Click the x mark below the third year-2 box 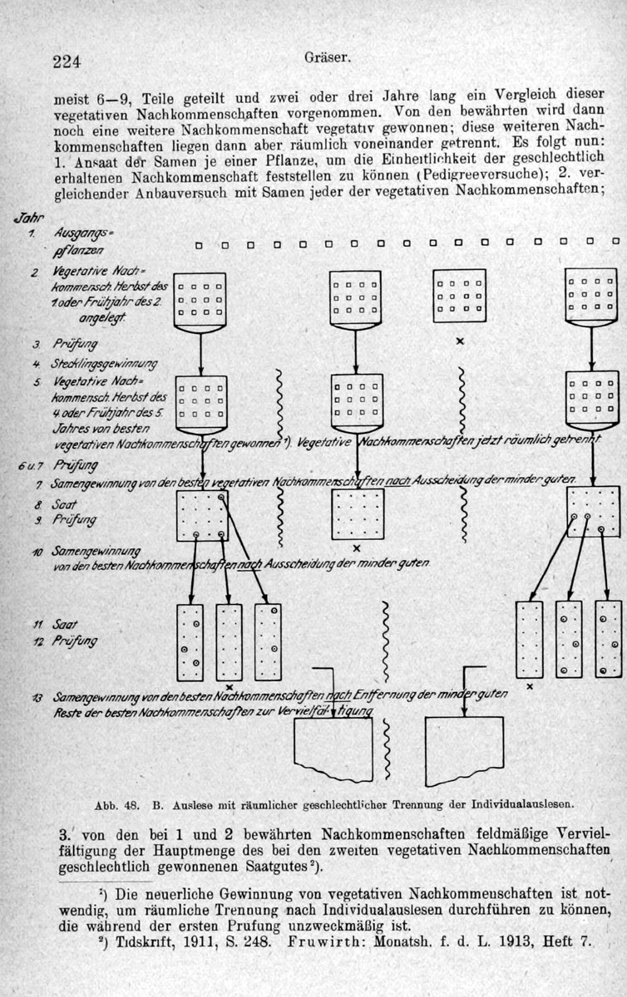pos(459,341)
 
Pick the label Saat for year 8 pos(63,503)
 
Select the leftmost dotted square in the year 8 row pos(202,514)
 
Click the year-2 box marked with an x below pos(459,296)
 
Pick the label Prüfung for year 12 pos(75,641)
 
